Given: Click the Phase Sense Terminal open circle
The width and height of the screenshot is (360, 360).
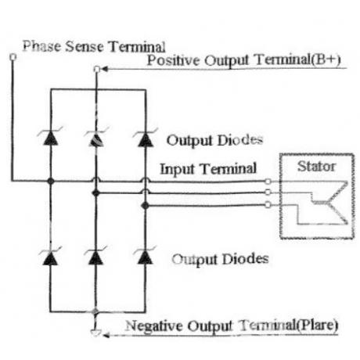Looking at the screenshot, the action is [x=13, y=56].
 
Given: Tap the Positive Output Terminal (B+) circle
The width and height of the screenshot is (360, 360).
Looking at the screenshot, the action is [x=97, y=69].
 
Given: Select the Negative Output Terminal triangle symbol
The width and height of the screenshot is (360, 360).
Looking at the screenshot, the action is [x=95, y=333].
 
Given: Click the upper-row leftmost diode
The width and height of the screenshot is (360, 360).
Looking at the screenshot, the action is [x=51, y=137].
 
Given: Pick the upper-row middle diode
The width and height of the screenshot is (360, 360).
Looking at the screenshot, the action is [x=96, y=138].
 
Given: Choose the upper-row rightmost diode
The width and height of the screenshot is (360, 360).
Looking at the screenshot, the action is [x=146, y=138].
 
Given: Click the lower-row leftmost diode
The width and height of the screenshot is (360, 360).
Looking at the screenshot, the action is [x=50, y=256].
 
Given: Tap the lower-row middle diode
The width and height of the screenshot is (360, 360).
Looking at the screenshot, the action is [x=95, y=256].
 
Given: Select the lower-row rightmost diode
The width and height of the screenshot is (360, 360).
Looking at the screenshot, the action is [x=145, y=256].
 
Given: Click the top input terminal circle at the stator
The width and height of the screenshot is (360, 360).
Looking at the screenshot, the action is [x=268, y=182].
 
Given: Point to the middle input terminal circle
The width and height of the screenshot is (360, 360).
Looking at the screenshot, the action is [x=268, y=193].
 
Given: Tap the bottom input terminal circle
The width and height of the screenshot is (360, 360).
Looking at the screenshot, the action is [x=268, y=205].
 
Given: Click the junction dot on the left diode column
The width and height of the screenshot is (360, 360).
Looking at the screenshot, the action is [x=51, y=181].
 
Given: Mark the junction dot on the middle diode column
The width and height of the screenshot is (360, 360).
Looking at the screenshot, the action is [x=96, y=193].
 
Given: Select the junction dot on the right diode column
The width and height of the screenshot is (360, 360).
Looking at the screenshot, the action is [x=145, y=206].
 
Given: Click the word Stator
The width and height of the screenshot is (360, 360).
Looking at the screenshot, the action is [x=316, y=167].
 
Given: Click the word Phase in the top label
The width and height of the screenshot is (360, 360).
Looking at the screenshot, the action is [x=41, y=46].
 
